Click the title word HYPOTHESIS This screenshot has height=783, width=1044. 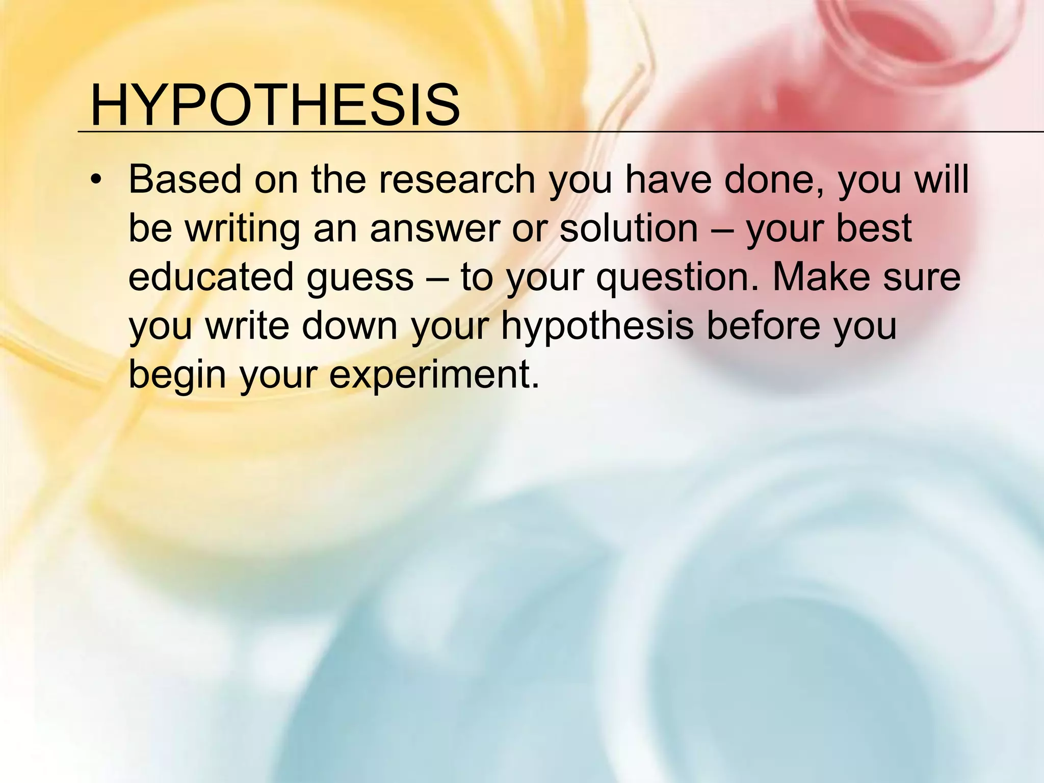point(275,106)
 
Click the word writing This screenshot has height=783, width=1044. point(242,228)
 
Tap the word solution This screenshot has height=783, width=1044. point(628,228)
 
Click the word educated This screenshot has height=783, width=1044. point(211,277)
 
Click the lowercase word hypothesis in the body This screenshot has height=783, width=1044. point(597,326)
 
